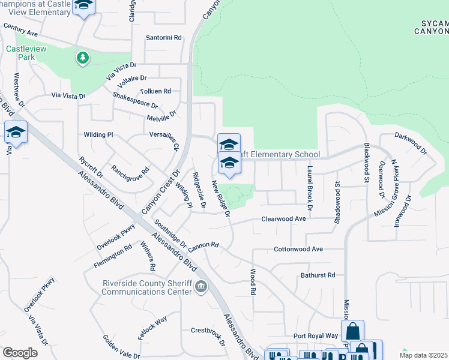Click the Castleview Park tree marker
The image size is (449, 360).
(x=82, y=58)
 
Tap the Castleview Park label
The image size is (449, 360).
(x=21, y=53)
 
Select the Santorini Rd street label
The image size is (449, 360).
(x=164, y=37)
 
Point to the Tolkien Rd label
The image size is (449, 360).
(x=155, y=91)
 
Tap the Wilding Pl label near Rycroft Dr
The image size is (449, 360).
(x=98, y=135)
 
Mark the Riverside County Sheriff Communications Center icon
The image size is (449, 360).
(x=201, y=287)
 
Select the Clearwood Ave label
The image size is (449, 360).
(x=283, y=219)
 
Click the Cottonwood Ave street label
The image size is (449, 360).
(x=298, y=248)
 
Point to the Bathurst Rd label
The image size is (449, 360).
(x=318, y=275)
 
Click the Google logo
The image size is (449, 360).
(x=20, y=352)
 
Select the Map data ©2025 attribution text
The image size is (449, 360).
(x=423, y=355)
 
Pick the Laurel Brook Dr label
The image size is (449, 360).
(x=310, y=187)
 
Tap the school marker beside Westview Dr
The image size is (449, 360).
(x=16, y=133)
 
